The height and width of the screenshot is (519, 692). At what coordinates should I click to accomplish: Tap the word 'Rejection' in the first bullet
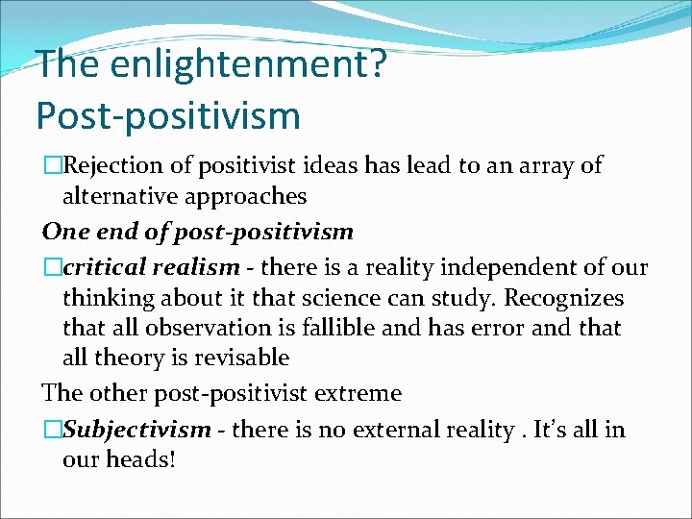pyautogui.click(x=112, y=165)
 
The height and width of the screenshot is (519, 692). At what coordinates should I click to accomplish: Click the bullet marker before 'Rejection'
pyautogui.click(x=52, y=165)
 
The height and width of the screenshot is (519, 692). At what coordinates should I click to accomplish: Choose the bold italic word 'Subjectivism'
pyautogui.click(x=136, y=429)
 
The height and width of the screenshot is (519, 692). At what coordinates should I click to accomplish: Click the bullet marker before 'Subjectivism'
pyautogui.click(x=52, y=429)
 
